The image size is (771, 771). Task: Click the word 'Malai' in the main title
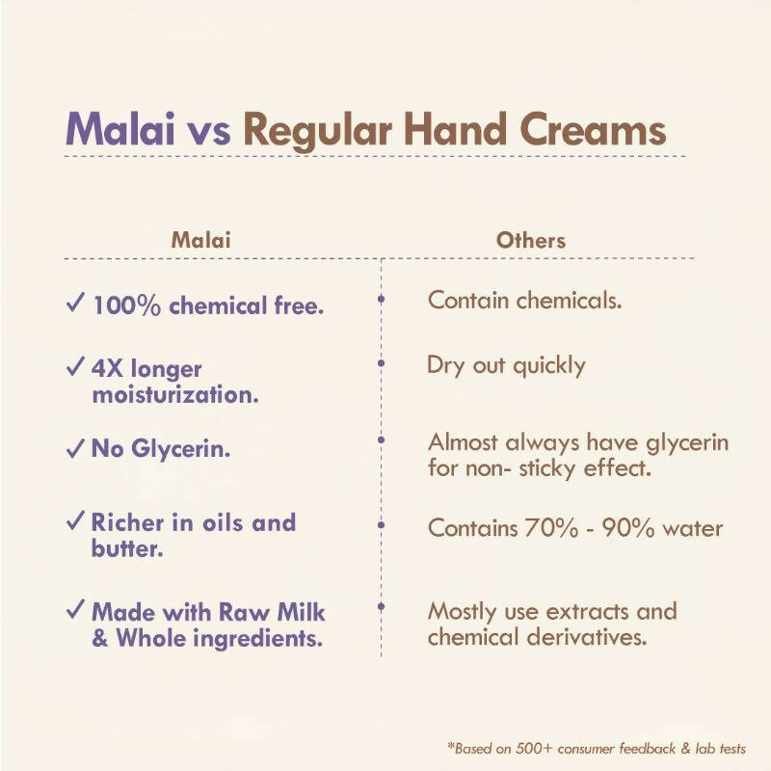(120, 129)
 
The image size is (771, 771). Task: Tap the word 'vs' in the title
(209, 131)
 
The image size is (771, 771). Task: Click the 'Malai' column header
(201, 239)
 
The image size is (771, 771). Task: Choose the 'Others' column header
(530, 239)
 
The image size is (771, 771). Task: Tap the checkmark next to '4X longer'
(75, 368)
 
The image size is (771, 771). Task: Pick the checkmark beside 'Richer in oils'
(75, 522)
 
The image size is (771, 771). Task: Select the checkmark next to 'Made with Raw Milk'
(75, 611)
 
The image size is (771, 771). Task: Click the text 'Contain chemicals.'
(524, 300)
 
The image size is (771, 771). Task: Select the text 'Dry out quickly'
(506, 365)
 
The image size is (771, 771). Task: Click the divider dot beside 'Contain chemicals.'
(382, 300)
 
